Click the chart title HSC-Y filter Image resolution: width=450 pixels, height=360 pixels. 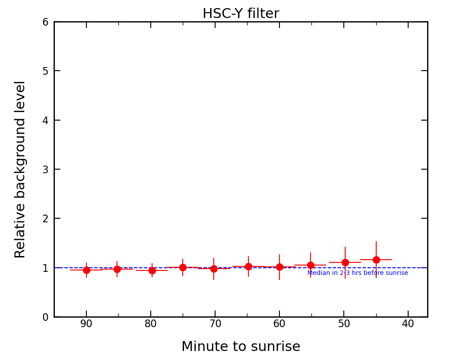241,14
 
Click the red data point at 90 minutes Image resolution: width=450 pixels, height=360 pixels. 86,270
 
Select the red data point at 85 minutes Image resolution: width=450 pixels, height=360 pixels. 117,269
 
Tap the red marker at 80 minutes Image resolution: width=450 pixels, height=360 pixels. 152,270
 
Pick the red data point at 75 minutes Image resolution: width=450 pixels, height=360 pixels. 183,267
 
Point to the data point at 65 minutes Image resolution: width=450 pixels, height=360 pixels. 248,266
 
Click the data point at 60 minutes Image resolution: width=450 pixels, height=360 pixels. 279,267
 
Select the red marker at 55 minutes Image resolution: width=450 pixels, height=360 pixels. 310,265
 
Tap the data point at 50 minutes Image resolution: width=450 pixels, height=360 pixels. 345,262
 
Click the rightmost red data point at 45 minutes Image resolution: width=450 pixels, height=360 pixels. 376,260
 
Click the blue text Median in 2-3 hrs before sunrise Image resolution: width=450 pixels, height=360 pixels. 358,273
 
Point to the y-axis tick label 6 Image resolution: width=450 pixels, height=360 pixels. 45,22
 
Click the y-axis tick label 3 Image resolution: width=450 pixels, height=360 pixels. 45,170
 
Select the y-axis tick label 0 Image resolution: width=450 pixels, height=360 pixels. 45,317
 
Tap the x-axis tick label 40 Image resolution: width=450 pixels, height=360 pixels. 408,324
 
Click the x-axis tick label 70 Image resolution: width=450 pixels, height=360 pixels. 215,324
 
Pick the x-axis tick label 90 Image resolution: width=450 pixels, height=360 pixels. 86,324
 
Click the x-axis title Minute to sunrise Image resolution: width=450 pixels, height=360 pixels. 241,347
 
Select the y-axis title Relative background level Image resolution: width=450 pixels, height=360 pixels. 21,169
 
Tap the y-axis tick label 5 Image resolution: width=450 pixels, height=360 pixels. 45,71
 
